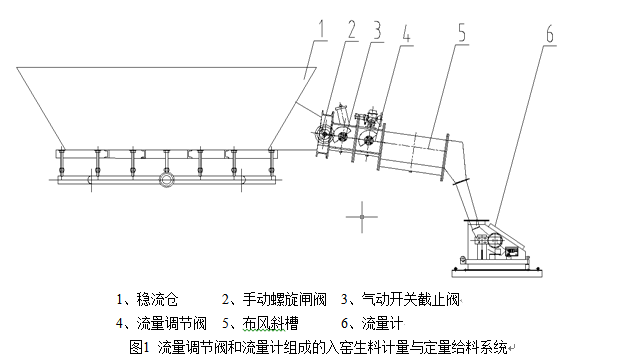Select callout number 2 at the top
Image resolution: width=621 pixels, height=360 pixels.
click(351, 29)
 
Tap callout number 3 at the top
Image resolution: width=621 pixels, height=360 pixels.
click(377, 30)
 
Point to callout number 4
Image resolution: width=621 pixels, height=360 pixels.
click(406, 33)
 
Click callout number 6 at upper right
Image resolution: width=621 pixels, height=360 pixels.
click(550, 34)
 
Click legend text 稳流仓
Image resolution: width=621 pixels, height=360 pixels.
click(157, 299)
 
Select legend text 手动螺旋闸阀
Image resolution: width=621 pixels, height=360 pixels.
click(284, 299)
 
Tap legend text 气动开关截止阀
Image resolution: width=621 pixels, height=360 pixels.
click(411, 299)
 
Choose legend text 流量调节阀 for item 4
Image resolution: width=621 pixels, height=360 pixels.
click(171, 324)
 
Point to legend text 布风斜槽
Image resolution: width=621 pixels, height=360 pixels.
click(270, 324)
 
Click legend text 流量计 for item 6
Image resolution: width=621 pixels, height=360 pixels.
click(382, 324)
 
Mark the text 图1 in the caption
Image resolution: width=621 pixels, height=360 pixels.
click(139, 347)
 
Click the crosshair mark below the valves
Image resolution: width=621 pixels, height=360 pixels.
click(362, 217)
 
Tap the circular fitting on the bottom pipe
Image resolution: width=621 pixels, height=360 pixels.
click(167, 180)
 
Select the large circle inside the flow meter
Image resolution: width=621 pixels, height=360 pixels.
click(495, 241)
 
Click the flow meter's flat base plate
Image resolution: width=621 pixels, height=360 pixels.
click(497, 272)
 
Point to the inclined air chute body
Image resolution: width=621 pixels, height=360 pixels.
click(415, 152)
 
